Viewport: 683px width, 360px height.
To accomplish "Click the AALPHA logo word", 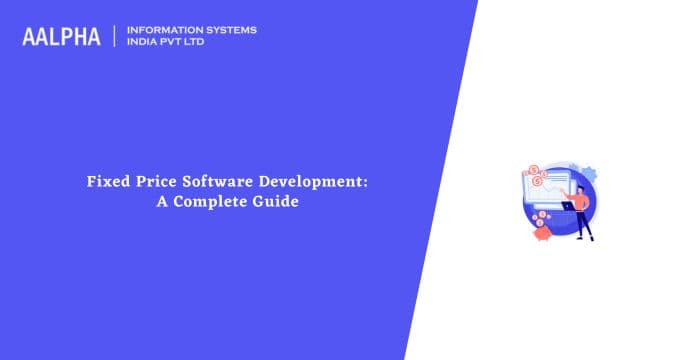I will [63, 36].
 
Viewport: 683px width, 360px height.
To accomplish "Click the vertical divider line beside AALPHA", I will [115, 36].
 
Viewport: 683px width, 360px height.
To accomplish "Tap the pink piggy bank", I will [544, 232].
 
